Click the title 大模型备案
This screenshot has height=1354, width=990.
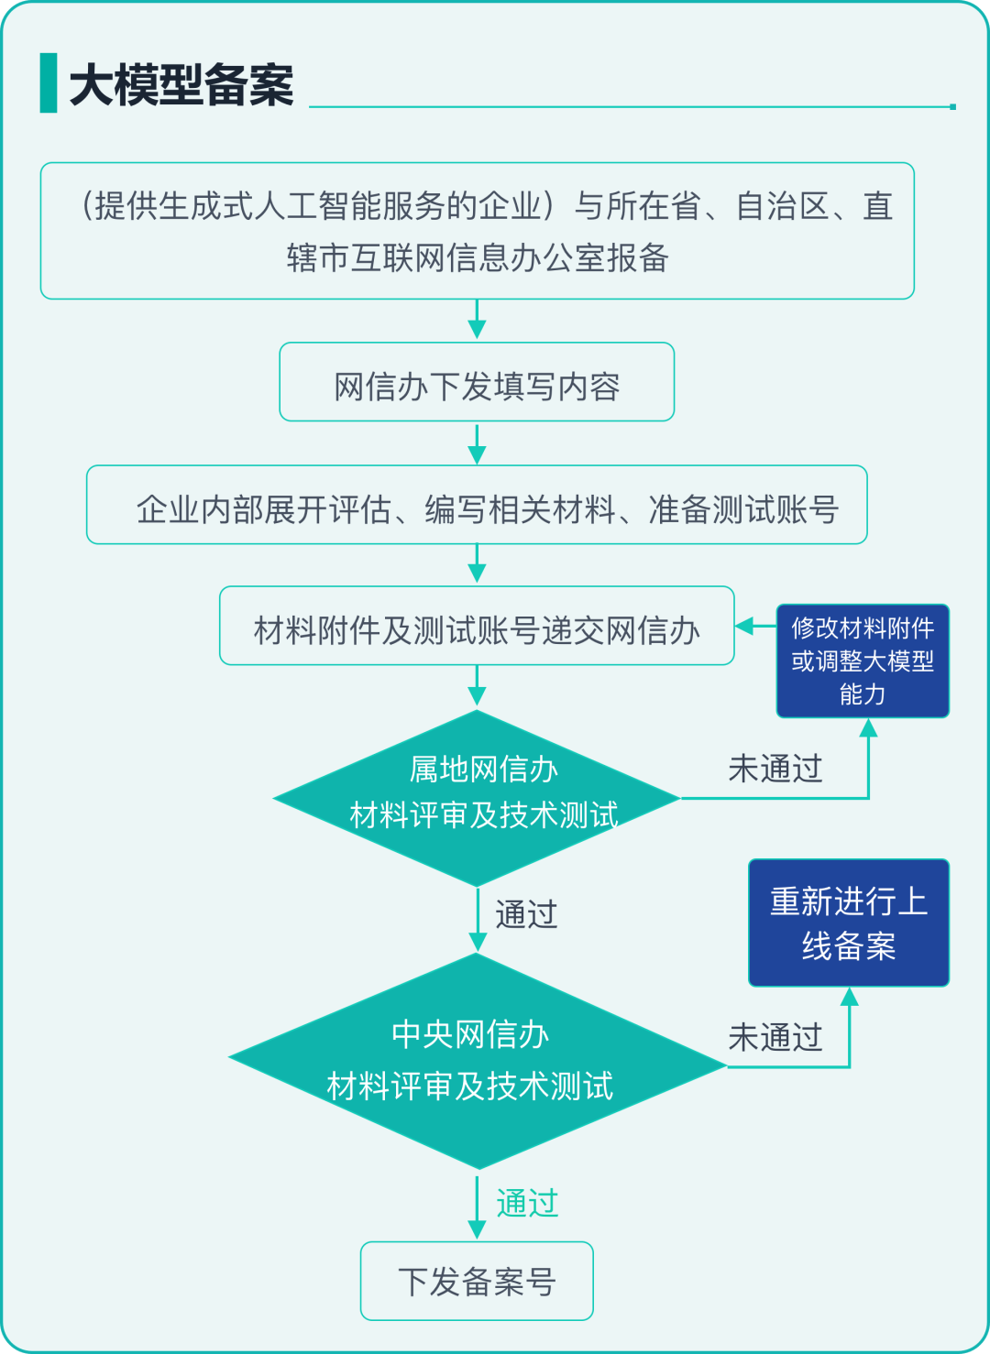pyautogui.click(x=181, y=85)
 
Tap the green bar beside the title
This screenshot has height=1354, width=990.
pyautogui.click(x=49, y=83)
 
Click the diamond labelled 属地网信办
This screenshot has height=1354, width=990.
pyautogui.click(x=477, y=798)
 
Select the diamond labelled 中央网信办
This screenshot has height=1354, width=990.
pyautogui.click(x=477, y=1061)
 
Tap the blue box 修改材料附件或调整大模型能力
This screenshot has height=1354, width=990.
pyautogui.click(x=863, y=661)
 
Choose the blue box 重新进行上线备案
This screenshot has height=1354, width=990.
pyautogui.click(x=848, y=923)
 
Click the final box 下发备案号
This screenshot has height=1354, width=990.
pyautogui.click(x=477, y=1281)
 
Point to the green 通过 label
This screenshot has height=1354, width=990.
pyautogui.click(x=527, y=1203)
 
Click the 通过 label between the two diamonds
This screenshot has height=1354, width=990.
pyautogui.click(x=525, y=914)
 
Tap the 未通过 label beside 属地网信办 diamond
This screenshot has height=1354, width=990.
pyautogui.click(x=775, y=769)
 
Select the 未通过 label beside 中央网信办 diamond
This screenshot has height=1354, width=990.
pyautogui.click(x=775, y=1037)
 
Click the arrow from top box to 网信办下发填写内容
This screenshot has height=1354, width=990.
pyautogui.click(x=477, y=321)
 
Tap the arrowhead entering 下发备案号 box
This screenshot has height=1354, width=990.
pyautogui.click(x=477, y=1228)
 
